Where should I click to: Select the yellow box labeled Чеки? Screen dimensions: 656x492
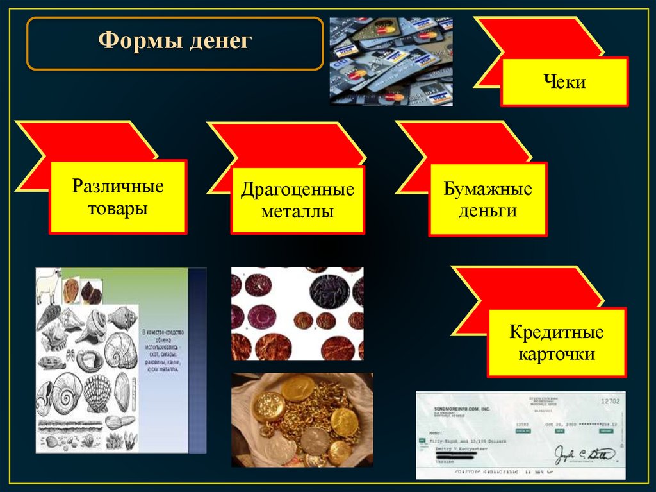click(564, 81)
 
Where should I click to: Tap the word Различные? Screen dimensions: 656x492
click(118, 187)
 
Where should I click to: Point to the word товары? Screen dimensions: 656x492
click(118, 208)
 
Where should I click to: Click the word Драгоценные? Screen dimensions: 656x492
click(297, 190)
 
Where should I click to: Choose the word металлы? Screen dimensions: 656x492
click(297, 212)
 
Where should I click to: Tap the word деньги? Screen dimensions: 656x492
click(488, 211)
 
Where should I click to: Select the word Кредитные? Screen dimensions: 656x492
click(556, 332)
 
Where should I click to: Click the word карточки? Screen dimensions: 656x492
click(556, 354)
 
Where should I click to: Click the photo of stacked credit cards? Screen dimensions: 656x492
click(391, 61)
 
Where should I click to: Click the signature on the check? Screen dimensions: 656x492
click(584, 454)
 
